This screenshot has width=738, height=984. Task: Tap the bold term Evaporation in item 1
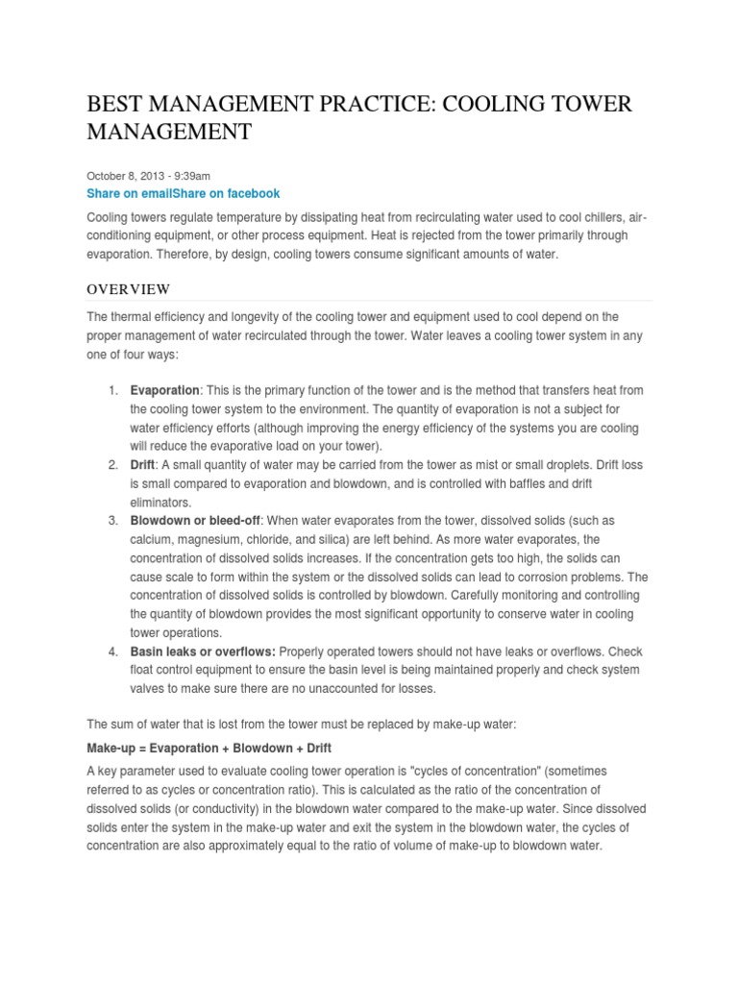[164, 390]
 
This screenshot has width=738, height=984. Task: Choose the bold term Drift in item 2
[146, 465]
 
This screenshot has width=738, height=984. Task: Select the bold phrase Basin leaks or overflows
[202, 652]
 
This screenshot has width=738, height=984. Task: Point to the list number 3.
[112, 521]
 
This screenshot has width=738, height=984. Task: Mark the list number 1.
[112, 390]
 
